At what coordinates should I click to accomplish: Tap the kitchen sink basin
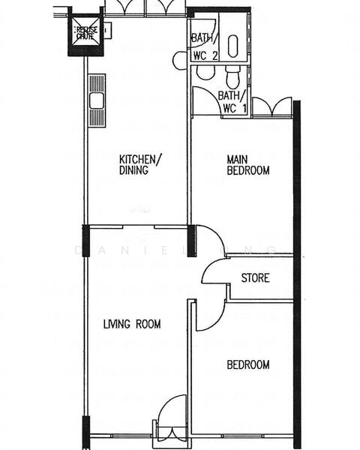97,100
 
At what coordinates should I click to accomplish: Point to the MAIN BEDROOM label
247,165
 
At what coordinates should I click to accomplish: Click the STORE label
255,278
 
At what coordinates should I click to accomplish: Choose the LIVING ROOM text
132,324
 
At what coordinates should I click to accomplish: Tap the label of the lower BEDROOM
247,365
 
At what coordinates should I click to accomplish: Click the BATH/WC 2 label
205,46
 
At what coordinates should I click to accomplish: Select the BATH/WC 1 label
229,101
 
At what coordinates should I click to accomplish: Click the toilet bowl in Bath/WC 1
232,76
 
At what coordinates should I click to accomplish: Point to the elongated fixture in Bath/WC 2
232,46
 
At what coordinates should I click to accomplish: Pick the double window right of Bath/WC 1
268,107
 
